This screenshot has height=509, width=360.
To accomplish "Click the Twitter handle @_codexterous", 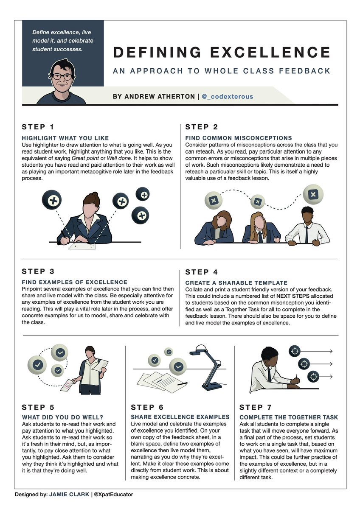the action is coord(227,97).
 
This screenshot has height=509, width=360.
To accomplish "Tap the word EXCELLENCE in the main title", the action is coord(270,52).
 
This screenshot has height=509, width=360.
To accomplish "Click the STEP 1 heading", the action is coord(38,127).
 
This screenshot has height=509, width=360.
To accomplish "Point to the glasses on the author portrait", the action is coord(62,76).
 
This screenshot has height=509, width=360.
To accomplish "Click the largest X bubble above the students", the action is coord(313,194).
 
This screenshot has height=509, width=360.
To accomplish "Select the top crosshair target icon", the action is coord(295,351).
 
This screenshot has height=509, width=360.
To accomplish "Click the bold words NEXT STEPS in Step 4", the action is coord(292,296).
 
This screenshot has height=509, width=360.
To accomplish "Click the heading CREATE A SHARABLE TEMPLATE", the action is coord(236,283).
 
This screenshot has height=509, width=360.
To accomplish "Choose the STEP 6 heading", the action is coord(147,408).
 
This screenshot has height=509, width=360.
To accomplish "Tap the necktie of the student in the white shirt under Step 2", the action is coord(307,235).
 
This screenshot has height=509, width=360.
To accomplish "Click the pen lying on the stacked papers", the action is coord(182,384).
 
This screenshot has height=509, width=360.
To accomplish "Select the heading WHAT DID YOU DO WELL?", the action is coord(62,417).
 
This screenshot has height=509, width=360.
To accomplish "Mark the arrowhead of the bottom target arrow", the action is coord(331,377).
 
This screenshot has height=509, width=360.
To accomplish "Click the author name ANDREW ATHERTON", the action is coord(154,97).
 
